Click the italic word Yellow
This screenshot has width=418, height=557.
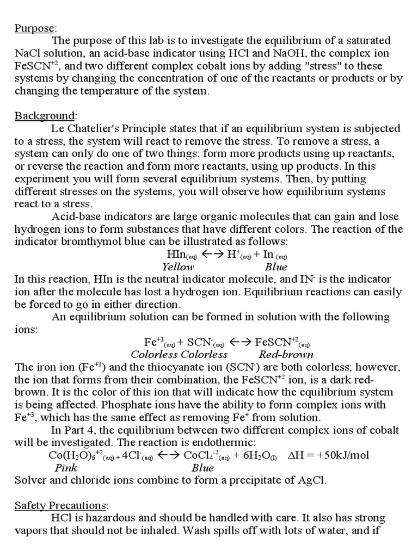(x=177, y=267)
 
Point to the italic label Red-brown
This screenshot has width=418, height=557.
(x=286, y=355)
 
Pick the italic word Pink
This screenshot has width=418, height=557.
(x=66, y=468)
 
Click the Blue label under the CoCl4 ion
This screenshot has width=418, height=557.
(x=202, y=468)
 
